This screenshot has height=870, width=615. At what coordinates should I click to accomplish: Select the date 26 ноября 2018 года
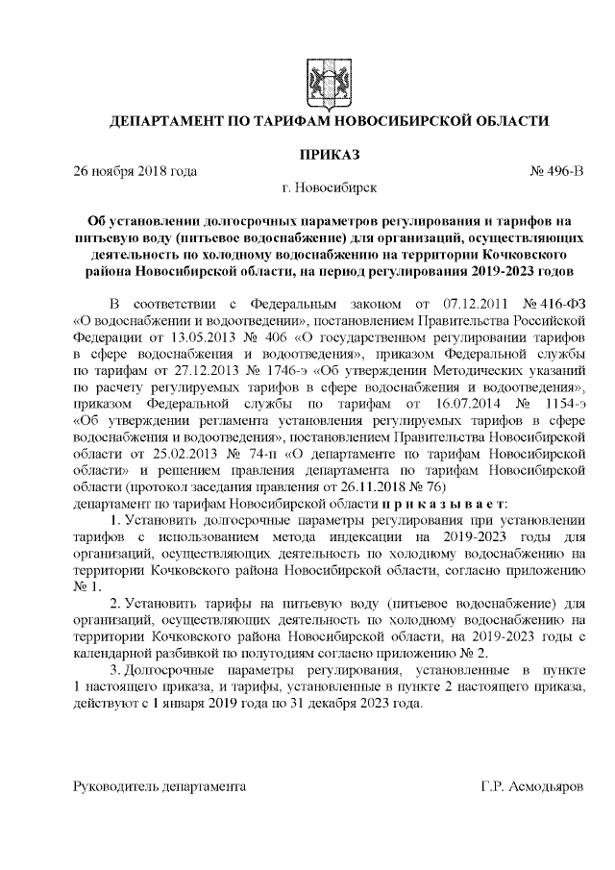point(135,171)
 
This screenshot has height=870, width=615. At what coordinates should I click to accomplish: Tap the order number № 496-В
point(556,171)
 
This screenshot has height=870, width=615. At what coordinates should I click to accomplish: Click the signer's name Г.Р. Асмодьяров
point(531,785)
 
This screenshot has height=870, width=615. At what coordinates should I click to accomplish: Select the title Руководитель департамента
point(160,785)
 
